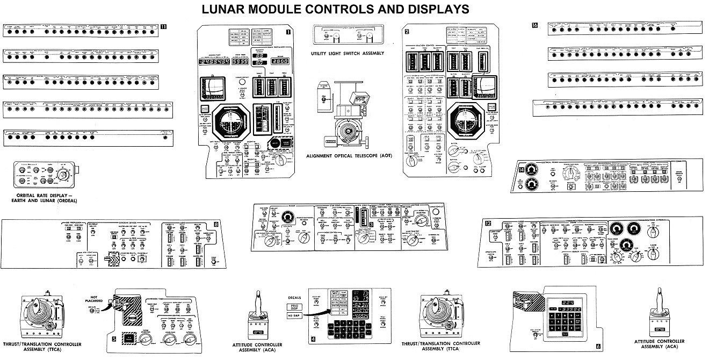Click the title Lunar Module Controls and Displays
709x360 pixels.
(x=335, y=9)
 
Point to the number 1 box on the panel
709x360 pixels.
(x=288, y=32)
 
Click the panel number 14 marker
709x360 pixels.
(x=520, y=170)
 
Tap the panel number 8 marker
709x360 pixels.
(x=215, y=224)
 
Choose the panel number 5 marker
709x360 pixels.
(x=114, y=340)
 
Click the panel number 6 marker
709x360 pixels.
(x=598, y=347)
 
